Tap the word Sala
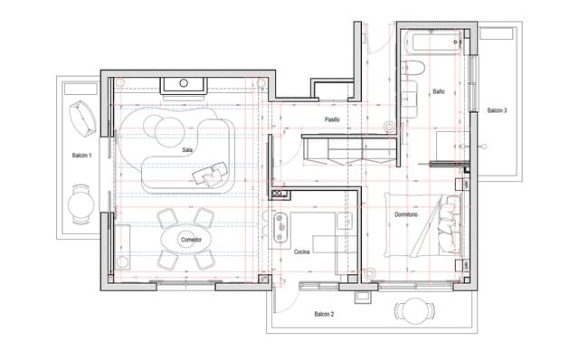[187, 149]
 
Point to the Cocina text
[304, 252]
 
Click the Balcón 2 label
[325, 314]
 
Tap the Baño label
[438, 92]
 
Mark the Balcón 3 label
[497, 110]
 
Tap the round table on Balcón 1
[81, 202]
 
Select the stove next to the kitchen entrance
[279, 221]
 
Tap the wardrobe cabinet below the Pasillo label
[347, 148]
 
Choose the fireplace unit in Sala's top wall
[185, 85]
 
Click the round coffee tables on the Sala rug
[169, 129]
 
